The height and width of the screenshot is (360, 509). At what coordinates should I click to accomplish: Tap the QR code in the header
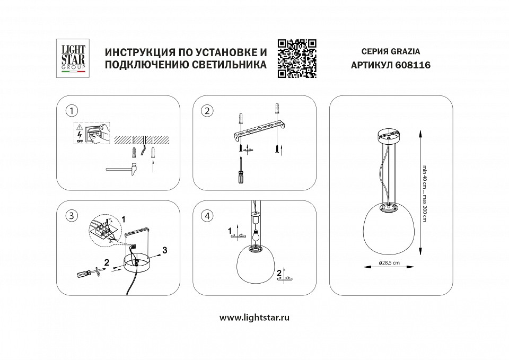pos(297,59)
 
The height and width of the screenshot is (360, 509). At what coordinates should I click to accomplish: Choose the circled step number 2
pos(207,110)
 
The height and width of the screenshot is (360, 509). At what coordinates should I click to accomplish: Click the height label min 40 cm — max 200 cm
pos(425,193)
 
